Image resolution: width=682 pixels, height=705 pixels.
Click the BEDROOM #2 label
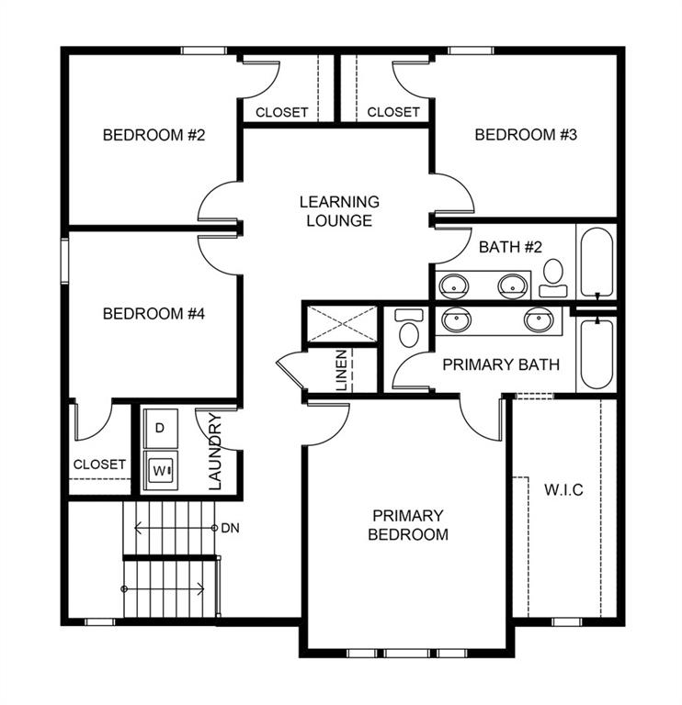point(153,135)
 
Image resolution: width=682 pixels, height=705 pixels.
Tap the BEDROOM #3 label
point(525,135)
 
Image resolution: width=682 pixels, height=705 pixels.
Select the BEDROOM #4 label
point(153,313)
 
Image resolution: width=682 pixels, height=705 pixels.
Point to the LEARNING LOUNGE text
point(339,211)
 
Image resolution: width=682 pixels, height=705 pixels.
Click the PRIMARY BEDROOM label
point(408,524)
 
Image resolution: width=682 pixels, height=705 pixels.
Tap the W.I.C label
point(563,489)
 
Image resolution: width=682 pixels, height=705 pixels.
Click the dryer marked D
point(160,428)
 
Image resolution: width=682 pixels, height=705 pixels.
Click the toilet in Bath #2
point(553,276)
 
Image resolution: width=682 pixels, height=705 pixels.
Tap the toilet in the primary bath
point(408,328)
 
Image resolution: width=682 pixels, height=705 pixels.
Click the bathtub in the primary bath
point(596,353)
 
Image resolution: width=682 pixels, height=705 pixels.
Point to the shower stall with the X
point(341,324)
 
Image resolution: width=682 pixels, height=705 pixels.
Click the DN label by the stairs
point(231,529)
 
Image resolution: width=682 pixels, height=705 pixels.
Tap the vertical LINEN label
point(342,371)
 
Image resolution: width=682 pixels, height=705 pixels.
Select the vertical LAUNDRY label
point(216,452)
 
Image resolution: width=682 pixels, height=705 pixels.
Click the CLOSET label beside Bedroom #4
point(99,464)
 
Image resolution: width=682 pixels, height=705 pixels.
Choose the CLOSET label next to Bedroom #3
point(393,112)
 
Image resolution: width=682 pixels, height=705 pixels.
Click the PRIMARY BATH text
point(501,364)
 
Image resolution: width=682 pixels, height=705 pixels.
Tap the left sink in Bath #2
point(454,285)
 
